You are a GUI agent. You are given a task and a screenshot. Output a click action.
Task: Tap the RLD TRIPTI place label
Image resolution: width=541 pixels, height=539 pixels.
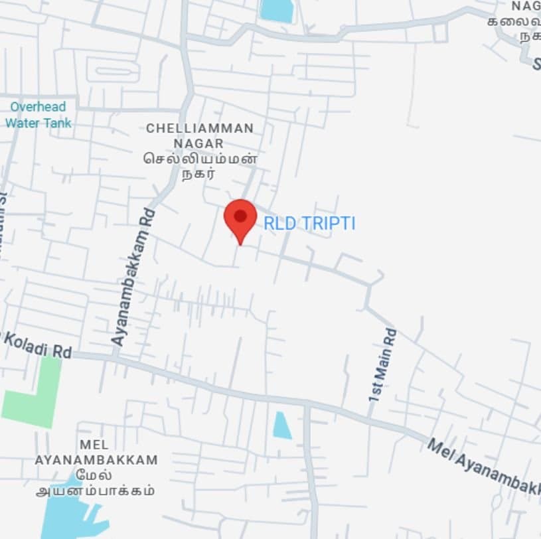pos(309,224)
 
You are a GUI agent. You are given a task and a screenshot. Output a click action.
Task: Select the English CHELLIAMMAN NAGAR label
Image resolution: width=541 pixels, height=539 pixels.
pos(199,135)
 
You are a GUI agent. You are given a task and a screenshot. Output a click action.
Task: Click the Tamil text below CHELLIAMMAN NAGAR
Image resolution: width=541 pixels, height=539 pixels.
pos(199,167)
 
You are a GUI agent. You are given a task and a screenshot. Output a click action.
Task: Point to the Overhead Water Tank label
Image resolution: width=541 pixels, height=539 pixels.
pos(38,115)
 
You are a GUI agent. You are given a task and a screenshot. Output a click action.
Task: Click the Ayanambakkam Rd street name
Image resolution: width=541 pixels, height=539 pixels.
pos(133,277)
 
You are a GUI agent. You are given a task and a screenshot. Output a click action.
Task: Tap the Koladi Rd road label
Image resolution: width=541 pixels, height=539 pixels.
pos(37,345)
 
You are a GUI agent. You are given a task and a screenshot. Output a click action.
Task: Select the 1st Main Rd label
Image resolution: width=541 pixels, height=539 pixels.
pos(382,364)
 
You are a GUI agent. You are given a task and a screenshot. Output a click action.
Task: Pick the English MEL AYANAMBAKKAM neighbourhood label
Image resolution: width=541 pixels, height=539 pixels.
pos(96,452)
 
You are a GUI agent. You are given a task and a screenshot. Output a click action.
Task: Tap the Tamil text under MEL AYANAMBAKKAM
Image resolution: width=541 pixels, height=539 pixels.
pos(96,483)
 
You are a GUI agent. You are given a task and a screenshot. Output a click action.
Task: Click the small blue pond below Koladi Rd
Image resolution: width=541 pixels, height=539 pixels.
pos(281,425)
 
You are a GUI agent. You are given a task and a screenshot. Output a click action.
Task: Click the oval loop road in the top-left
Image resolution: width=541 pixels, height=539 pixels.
pos(112,70)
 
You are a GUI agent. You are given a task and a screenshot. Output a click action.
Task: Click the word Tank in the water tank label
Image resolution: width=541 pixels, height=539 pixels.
pos(57,123)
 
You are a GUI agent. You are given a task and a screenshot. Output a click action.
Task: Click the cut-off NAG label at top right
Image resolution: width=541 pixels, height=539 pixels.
pos(525,7)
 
